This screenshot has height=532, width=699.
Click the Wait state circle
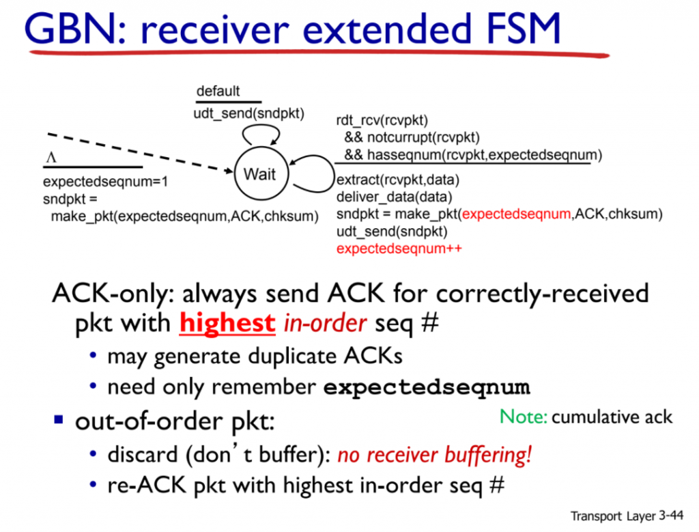[259, 174]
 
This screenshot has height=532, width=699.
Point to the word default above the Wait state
[218, 92]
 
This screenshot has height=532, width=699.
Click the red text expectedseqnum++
[399, 248]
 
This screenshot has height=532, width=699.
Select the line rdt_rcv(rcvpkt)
[382, 121]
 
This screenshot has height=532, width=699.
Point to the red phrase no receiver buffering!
[434, 455]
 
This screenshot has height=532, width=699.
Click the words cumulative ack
[612, 417]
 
